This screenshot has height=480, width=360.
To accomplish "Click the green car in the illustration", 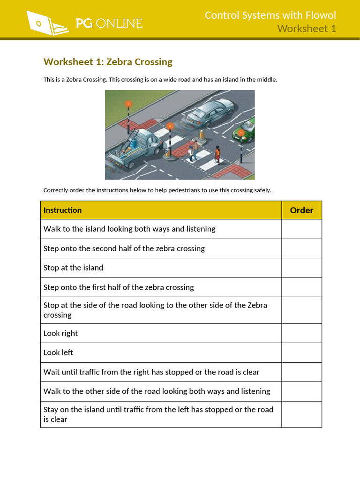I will coord(245,131).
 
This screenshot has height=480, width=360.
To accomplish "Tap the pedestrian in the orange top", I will coord(217,154).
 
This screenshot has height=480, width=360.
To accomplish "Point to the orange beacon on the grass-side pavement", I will coord(127,105).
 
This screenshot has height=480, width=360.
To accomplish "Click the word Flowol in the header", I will coord(319,15).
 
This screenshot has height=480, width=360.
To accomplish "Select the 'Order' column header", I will coord(301,210).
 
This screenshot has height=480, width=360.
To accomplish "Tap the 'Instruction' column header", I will coord(62,210).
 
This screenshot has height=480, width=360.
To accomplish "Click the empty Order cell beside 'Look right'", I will coord(301,333).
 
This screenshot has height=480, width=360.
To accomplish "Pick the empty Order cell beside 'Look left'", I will coord(301,352).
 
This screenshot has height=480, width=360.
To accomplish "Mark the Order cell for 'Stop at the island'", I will coord(301,268).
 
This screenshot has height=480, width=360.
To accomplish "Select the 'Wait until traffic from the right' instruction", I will coord(151,372).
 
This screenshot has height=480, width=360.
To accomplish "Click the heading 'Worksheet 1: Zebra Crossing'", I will coord(108,62).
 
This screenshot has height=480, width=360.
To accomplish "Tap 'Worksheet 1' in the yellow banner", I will coord(307,29).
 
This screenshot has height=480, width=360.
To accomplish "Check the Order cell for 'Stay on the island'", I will coord(301,414).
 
